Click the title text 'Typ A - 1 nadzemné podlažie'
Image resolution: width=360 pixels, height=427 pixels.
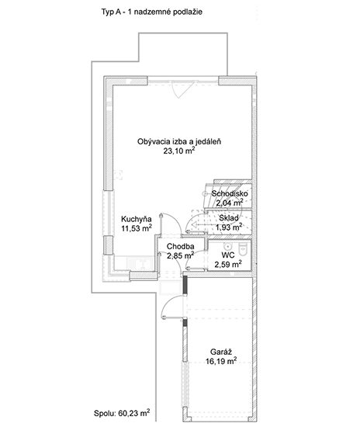click(151, 12)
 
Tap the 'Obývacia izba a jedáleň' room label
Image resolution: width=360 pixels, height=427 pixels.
click(178, 141)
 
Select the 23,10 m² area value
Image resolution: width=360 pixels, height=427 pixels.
click(178, 151)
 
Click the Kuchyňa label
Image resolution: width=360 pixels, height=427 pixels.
click(137, 219)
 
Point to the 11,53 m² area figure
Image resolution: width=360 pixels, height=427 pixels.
click(137, 228)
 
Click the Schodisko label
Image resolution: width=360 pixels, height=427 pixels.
click(230, 193)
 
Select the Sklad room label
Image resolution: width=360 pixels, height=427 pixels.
click(229, 218)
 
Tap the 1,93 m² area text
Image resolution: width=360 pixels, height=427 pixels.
click(229, 227)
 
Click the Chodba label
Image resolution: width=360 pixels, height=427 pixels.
click(181, 246)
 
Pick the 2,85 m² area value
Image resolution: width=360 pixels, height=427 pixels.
click(181, 255)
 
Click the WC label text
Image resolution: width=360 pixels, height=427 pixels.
click(228, 255)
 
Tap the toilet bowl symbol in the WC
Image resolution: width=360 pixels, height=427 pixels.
click(242, 249)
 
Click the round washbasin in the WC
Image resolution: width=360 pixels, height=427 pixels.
click(227, 246)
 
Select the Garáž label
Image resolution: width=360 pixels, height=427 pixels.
click(221, 352)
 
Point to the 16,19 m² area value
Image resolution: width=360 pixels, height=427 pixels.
click(221, 361)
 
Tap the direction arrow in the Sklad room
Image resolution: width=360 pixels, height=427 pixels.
click(199, 225)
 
